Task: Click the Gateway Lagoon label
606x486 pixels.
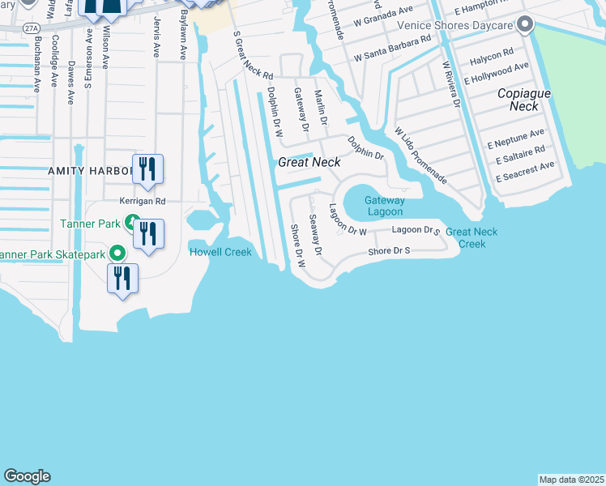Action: (x=383, y=206)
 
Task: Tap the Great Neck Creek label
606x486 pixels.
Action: (x=472, y=237)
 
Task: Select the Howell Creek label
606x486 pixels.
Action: (x=220, y=252)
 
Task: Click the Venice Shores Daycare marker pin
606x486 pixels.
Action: (x=525, y=24)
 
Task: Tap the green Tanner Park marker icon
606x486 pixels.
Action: (x=130, y=223)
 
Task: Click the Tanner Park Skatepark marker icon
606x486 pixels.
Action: (x=118, y=254)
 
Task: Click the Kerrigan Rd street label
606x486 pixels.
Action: (x=142, y=200)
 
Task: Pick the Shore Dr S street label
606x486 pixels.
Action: (x=390, y=251)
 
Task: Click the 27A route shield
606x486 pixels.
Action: (x=31, y=28)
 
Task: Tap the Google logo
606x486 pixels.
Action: (x=27, y=476)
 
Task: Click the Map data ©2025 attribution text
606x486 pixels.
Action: (x=570, y=480)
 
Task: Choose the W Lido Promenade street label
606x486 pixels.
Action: (x=420, y=154)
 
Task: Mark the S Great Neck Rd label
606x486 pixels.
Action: (x=253, y=56)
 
